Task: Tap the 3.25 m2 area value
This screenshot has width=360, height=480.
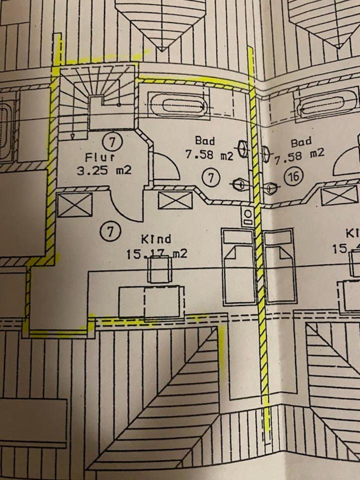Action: (104, 170)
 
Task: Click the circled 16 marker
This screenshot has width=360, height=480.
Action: (293, 175)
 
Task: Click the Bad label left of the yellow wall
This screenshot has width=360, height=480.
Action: (205, 141)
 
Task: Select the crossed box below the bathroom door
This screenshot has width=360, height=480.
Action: (175, 201)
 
